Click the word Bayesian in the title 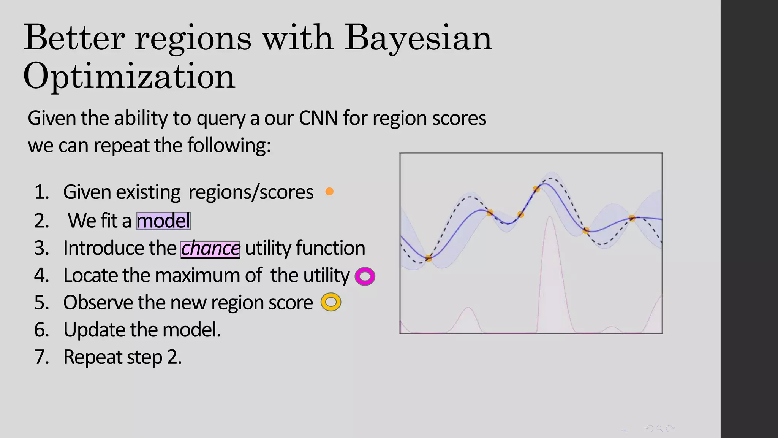418,38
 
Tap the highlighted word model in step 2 163,221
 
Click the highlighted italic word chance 210,249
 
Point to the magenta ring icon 365,276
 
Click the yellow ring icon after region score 331,302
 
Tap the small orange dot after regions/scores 329,192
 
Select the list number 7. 41,357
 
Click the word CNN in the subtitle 318,118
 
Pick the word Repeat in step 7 93,357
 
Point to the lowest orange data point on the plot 429,258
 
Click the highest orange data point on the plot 536,189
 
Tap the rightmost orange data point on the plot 632,218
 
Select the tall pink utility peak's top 549,217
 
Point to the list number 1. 41,192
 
